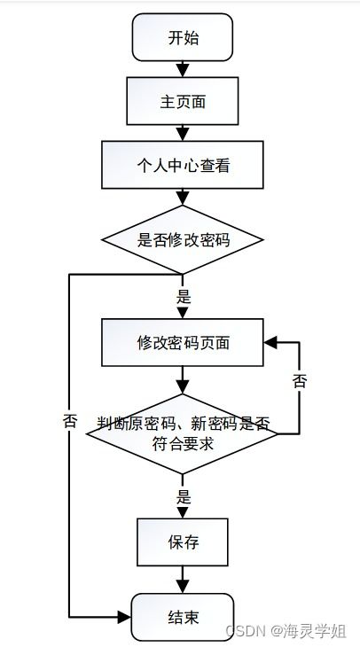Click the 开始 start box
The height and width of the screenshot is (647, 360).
pyautogui.click(x=183, y=37)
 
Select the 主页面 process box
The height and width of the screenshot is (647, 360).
pyautogui.click(x=183, y=101)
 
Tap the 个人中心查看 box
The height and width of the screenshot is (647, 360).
pyautogui.click(x=183, y=166)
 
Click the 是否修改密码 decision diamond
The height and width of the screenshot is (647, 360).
pyautogui.click(x=183, y=239)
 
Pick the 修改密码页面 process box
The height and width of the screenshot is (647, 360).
pyautogui.click(x=183, y=342)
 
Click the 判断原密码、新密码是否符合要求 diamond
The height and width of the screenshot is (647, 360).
pyautogui.click(x=183, y=433)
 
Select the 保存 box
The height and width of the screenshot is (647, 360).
pyautogui.click(x=183, y=542)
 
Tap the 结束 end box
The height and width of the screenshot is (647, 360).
pyautogui.click(x=183, y=616)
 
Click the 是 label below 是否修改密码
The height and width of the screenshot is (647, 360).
pyautogui.click(x=184, y=298)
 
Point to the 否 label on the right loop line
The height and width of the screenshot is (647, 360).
pyautogui.click(x=300, y=381)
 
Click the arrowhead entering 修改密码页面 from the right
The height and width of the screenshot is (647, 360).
pyautogui.click(x=270, y=342)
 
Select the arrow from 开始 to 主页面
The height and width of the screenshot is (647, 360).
pyautogui.click(x=183, y=68)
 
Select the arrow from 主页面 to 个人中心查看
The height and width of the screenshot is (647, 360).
pyautogui.click(x=183, y=133)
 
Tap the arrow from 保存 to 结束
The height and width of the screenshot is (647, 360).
pyautogui.click(x=183, y=581)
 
